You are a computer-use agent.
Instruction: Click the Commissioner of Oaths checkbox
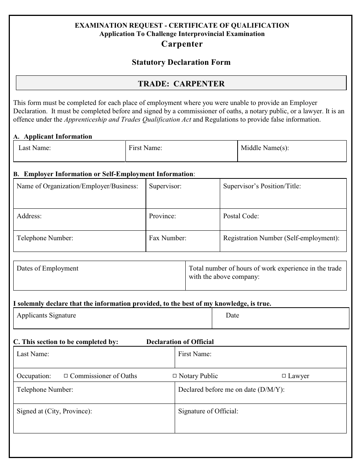click(x=66, y=376)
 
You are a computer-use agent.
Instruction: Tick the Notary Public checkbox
click(x=175, y=376)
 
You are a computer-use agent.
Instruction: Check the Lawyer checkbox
click(x=284, y=376)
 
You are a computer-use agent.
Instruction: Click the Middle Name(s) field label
click(x=265, y=148)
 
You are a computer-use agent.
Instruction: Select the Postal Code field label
click(x=241, y=216)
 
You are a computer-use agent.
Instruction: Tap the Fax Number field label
click(x=167, y=238)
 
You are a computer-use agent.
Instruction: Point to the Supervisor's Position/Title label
click(x=262, y=186)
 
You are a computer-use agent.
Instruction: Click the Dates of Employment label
click(x=47, y=269)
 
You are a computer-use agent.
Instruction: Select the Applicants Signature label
click(x=46, y=316)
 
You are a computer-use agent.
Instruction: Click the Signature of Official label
click(x=208, y=411)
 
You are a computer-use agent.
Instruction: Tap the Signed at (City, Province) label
click(x=54, y=411)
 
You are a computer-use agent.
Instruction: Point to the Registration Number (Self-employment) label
click(x=281, y=238)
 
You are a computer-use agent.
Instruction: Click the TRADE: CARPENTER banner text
click(x=181, y=84)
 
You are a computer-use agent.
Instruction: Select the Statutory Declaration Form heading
click(x=181, y=62)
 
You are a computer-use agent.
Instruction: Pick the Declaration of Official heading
click(x=180, y=342)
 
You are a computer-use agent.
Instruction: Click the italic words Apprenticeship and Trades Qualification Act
click(x=128, y=120)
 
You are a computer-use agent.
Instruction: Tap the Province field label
click(x=162, y=216)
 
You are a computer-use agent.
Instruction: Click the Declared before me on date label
click(x=231, y=389)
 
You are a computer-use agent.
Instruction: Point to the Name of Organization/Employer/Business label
click(x=77, y=186)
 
